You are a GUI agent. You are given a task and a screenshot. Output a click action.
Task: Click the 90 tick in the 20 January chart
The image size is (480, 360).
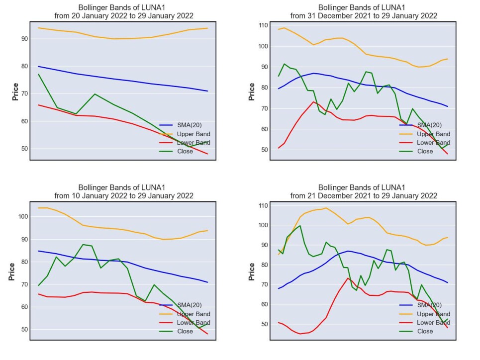pyautogui.click(x=24, y=39)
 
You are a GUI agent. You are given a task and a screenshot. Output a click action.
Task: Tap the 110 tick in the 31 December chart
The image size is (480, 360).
pyautogui.click(x=263, y=25)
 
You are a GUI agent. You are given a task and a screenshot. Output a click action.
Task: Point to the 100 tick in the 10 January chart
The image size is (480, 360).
pyautogui.click(x=23, y=216)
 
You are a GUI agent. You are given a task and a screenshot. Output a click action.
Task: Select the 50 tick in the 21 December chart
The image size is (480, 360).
pyautogui.click(x=265, y=324)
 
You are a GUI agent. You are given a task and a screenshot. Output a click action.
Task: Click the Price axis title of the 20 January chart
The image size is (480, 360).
pyautogui.click(x=15, y=91)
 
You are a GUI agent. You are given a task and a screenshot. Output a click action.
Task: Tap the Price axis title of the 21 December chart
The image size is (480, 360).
pyautogui.click(x=252, y=271)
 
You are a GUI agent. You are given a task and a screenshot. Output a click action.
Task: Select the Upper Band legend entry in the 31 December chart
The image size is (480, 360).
pyautogui.click(x=425, y=134)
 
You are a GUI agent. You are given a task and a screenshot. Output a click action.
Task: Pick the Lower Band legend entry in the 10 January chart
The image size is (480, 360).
pyautogui.click(x=185, y=323)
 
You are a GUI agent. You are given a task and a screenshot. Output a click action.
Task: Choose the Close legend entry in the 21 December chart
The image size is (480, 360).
pyautogui.click(x=416, y=331)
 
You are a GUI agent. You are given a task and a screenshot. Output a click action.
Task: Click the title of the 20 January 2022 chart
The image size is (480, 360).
pyautogui.click(x=124, y=11)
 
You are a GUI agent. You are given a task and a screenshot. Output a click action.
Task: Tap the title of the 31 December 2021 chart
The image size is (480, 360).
pyautogui.click(x=364, y=11)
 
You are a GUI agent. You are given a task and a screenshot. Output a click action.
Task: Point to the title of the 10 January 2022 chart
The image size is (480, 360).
pyautogui.click(x=124, y=191)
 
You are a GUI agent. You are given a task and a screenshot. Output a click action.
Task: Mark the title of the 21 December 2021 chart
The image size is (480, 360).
pyautogui.click(x=364, y=191)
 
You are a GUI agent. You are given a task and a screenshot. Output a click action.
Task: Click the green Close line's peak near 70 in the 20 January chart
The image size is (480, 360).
pyautogui.click(x=95, y=94)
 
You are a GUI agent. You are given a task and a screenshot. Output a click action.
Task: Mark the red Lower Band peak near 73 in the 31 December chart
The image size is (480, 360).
pyautogui.click(x=313, y=101)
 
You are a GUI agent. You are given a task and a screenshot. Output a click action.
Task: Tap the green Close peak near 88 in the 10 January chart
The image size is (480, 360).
pyautogui.click(x=83, y=245)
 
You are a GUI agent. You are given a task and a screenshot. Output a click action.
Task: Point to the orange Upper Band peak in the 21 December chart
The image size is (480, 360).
pyautogui.click(x=325, y=208)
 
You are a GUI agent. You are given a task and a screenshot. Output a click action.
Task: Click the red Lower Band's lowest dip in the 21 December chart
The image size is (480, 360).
pyautogui.click(x=300, y=334)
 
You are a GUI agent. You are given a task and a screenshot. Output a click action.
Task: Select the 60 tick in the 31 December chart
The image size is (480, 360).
pyautogui.click(x=265, y=129)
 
